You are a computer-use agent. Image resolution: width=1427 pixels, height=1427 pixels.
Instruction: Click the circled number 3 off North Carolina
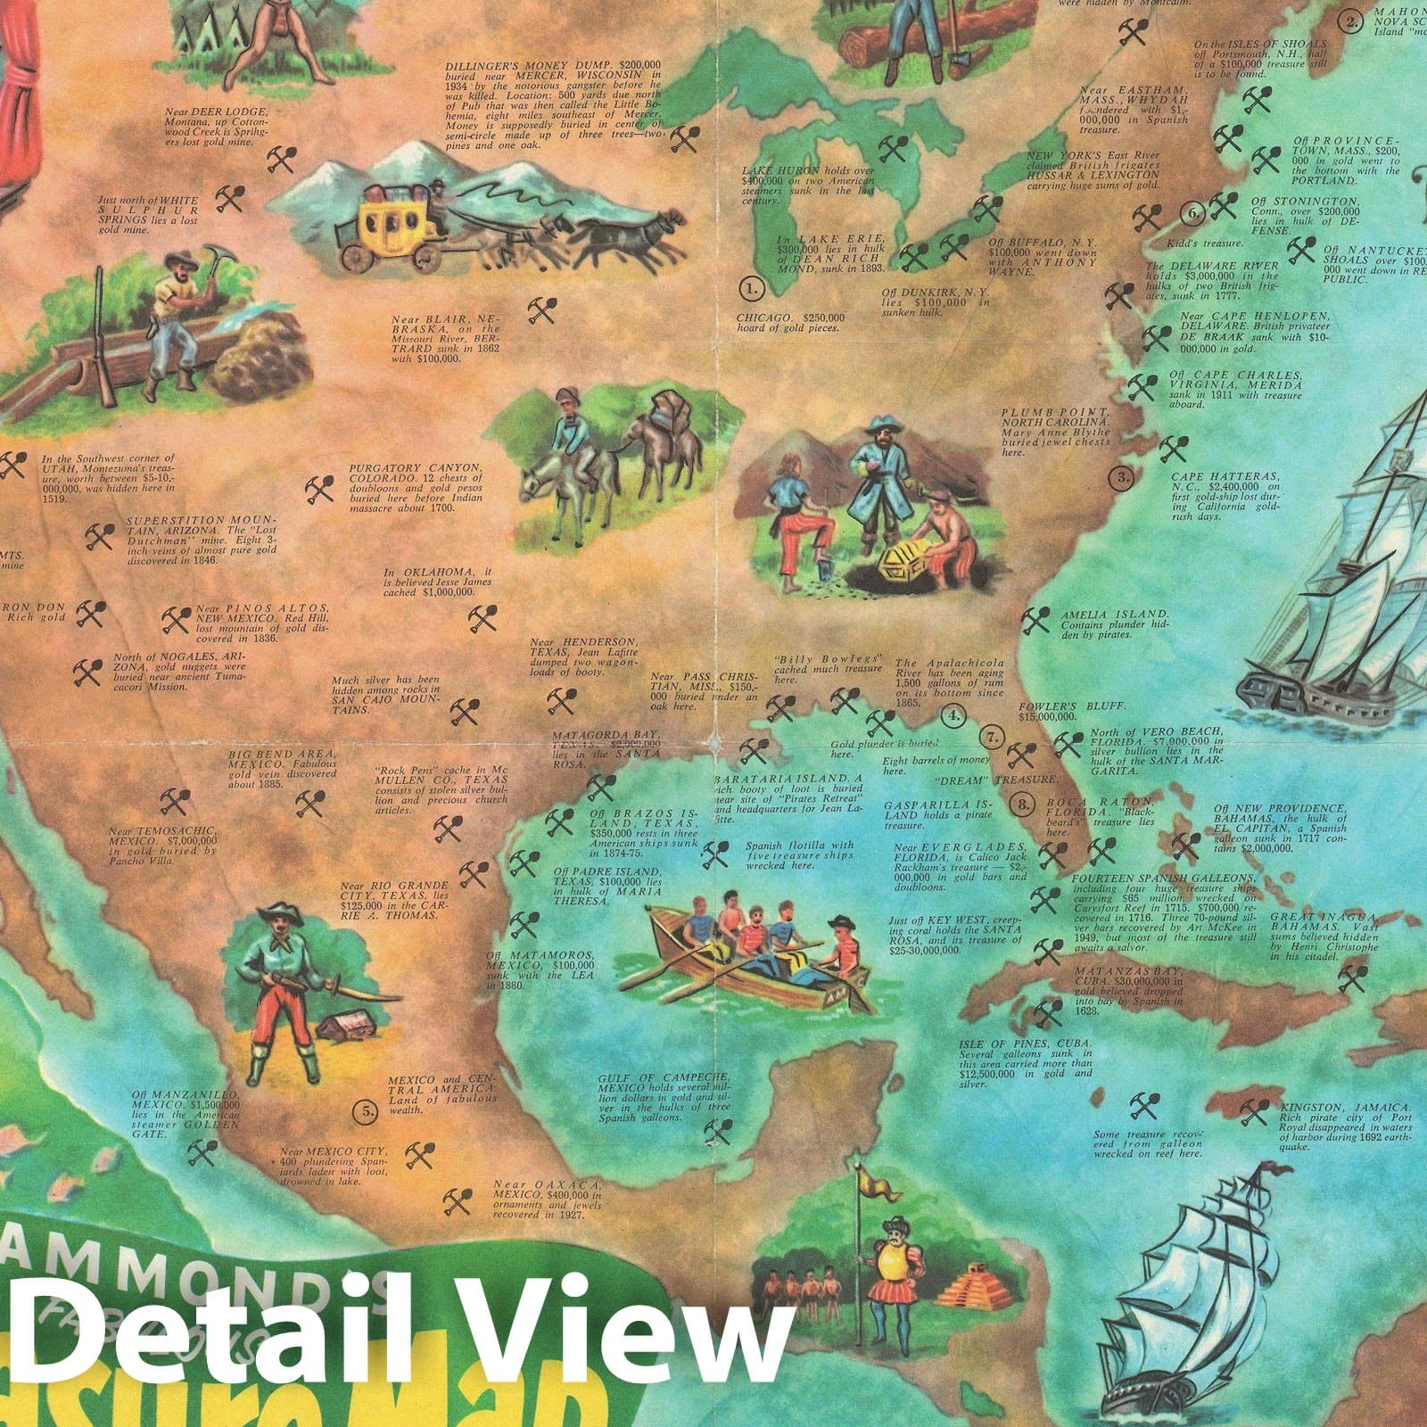(x=1123, y=478)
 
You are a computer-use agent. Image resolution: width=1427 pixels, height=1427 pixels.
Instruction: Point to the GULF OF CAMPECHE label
(x=664, y=1077)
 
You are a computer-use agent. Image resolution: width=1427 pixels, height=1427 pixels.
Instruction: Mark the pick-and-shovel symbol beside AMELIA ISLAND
(x=1035, y=620)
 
